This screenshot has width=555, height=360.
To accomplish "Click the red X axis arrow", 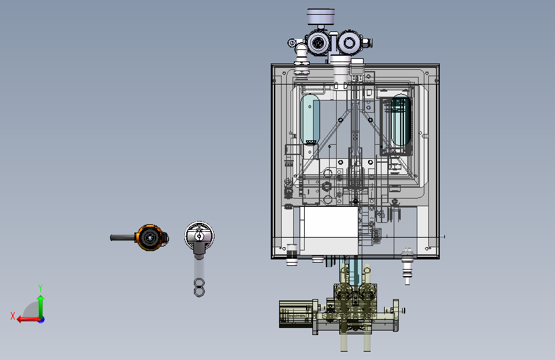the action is pos(28,320).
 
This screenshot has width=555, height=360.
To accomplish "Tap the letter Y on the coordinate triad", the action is pos(40,288).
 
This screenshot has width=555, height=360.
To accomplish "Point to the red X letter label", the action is pos(13,316).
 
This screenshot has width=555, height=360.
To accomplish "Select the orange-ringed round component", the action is pos(151,238).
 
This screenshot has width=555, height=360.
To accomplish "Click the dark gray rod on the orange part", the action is pos(123,238).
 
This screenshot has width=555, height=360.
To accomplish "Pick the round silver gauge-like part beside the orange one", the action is pos(199,235).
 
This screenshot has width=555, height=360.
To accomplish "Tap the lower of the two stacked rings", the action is pos(199,291).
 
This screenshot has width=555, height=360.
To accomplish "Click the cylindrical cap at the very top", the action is pos(321,17).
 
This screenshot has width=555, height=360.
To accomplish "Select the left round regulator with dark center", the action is pos(318,43).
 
